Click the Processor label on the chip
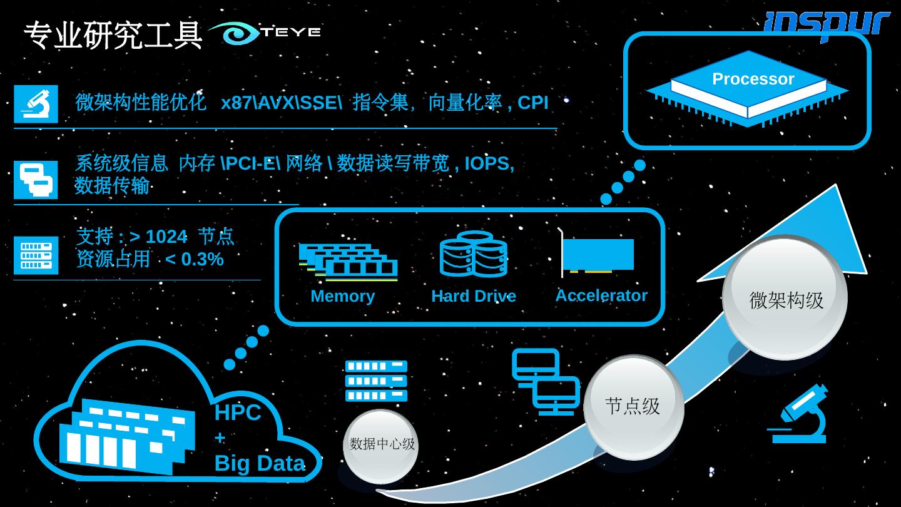753,79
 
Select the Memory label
342,296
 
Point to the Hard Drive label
474,296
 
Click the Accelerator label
601,295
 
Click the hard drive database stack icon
474,254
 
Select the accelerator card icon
597,254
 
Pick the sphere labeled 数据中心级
381,445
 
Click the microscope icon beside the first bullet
36,104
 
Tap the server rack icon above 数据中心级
376,381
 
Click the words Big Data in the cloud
260,463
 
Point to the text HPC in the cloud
237,413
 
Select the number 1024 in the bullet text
166,237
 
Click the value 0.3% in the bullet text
202,259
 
